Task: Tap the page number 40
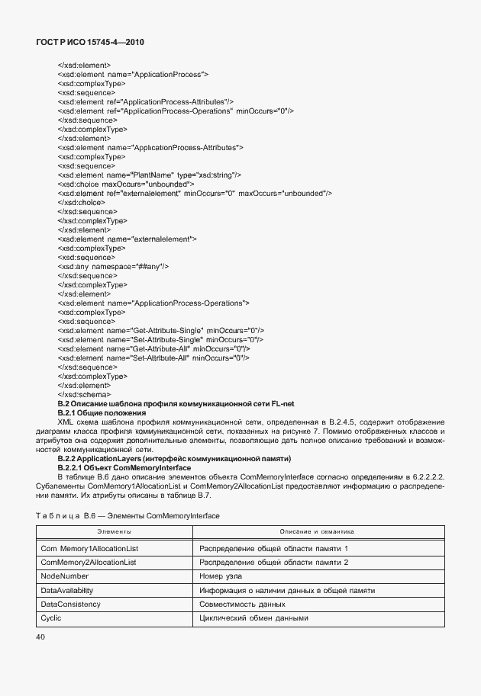click(x=41, y=637)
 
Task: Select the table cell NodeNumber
click(x=64, y=576)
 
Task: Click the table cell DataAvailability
click(x=69, y=590)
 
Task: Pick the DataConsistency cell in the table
click(x=70, y=604)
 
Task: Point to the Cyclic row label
click(x=51, y=617)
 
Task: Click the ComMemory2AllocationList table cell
click(x=88, y=563)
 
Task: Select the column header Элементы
click(x=114, y=531)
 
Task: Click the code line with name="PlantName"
click(x=150, y=175)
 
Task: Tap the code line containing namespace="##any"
click(x=113, y=267)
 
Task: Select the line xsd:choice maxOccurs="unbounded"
click(x=126, y=184)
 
